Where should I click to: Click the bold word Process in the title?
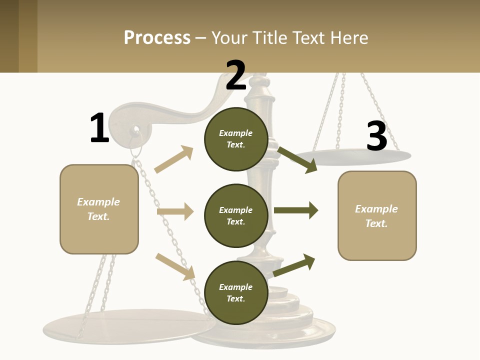[157, 37]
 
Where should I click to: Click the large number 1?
[99, 128]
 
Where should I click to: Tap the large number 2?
[236, 75]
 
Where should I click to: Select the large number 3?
[376, 136]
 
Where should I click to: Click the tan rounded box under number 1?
[99, 209]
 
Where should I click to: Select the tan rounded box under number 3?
[377, 216]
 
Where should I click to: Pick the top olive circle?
[236, 139]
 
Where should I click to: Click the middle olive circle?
[236, 216]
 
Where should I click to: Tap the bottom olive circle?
[236, 293]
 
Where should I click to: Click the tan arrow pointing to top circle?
[174, 159]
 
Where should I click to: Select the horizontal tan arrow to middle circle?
[175, 211]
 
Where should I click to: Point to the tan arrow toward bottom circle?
[175, 266]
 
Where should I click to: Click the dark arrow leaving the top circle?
[297, 159]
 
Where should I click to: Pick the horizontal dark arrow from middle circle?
[296, 210]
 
